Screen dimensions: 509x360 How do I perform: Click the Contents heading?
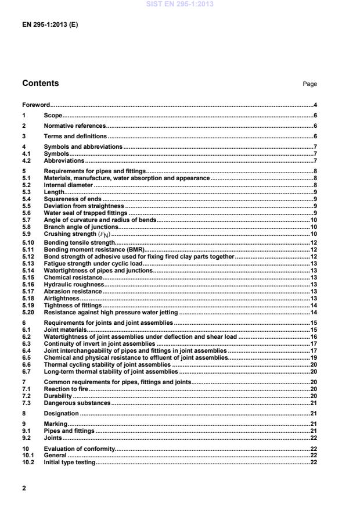pos(41,83)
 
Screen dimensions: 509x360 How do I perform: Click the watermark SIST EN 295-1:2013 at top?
pos(180,4)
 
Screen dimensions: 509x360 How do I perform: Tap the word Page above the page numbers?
pos(309,84)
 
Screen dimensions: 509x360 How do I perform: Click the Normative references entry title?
pos(75,126)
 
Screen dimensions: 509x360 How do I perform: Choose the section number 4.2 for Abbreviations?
pos(26,160)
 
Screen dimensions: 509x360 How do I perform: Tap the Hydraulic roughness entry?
pos(74,284)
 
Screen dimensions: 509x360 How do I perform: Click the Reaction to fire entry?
pos(66,389)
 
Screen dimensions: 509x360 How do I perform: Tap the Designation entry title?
pos(61,413)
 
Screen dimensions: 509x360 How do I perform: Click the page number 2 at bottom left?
pos(24,489)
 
